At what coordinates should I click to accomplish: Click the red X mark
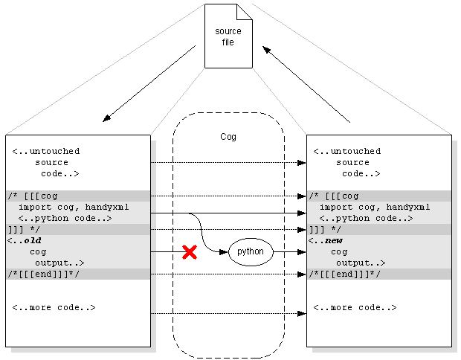pos(190,252)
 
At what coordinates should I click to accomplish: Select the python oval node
pos(251,252)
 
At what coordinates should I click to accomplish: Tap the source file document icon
pos(228,36)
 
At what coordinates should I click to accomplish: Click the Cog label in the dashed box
pos(228,137)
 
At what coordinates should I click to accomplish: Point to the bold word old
pos(32,241)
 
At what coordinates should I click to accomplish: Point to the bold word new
pos(333,241)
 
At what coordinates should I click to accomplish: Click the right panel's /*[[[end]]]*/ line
pos(344,274)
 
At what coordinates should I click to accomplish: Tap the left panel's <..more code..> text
pos(54,308)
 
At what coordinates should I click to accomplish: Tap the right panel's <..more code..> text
pos(355,308)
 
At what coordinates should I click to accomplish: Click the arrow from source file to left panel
pos(149,83)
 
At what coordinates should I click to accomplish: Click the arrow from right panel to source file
pos(306,83)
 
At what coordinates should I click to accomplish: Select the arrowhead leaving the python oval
pos(301,252)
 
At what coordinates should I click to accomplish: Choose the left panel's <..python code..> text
pos(65,219)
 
